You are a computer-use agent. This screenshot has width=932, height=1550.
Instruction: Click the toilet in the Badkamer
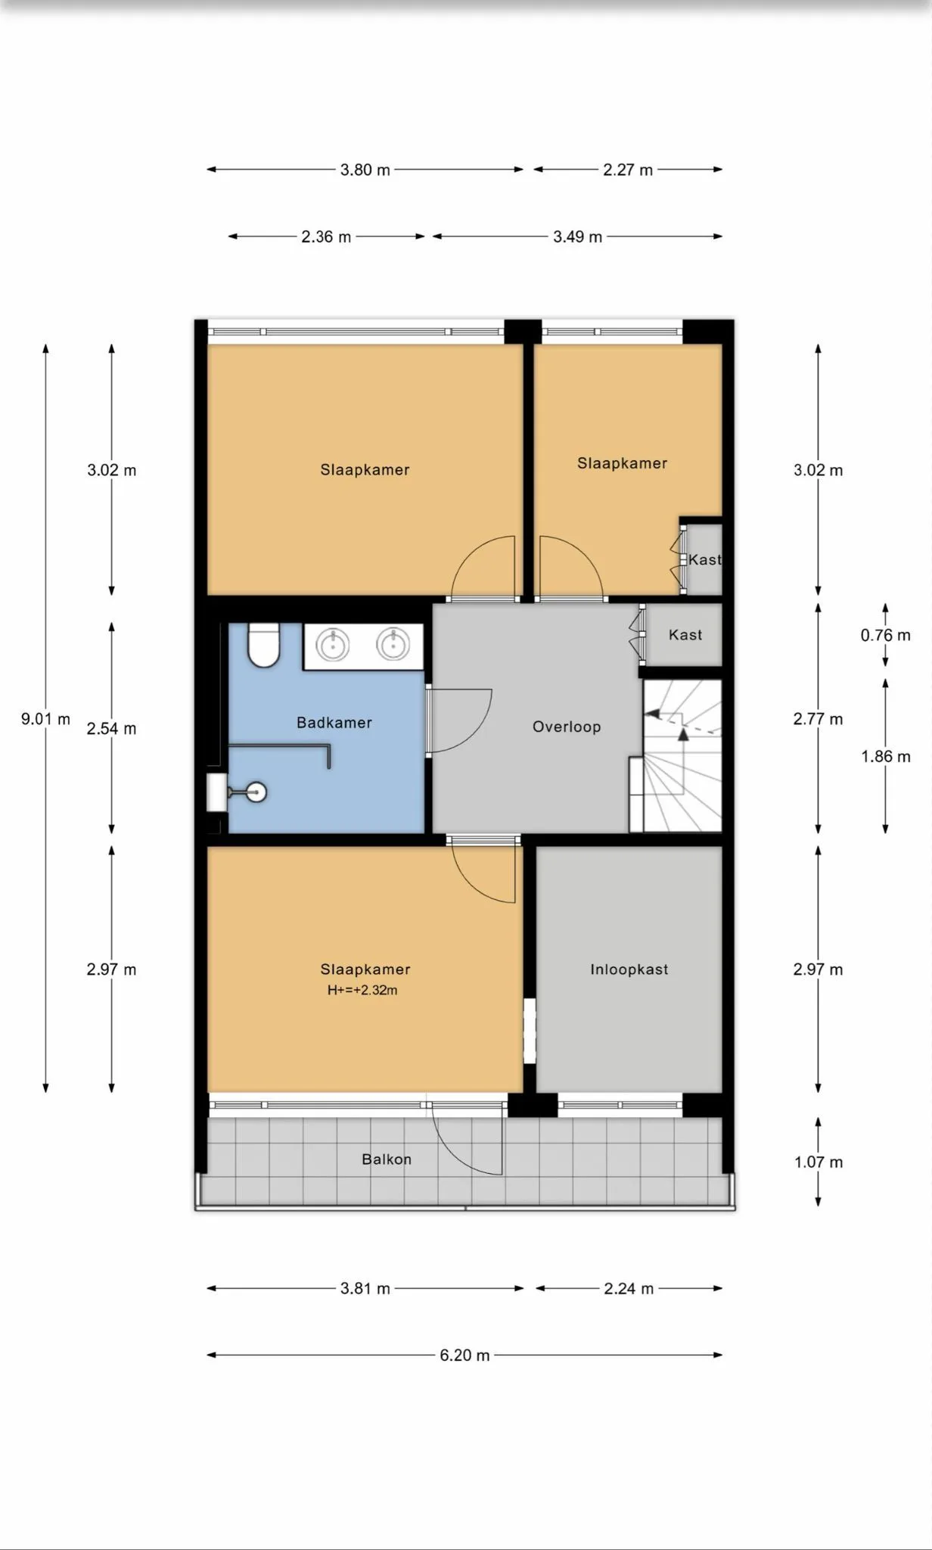click(264, 645)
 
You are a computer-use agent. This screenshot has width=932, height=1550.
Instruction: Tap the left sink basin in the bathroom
click(332, 646)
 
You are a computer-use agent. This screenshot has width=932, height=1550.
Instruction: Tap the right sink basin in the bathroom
click(393, 645)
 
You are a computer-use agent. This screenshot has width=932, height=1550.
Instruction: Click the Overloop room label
click(567, 727)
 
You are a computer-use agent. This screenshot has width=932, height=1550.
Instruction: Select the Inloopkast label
click(629, 970)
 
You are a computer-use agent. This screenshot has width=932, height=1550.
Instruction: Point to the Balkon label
click(387, 1159)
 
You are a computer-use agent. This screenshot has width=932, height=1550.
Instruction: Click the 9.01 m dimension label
click(45, 719)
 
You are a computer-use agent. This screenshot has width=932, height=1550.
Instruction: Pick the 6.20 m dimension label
click(464, 1355)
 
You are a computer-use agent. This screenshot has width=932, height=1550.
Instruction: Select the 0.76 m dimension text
click(885, 635)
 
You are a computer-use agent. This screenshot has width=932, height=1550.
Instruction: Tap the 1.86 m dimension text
click(885, 756)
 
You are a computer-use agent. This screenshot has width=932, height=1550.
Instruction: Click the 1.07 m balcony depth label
click(819, 1162)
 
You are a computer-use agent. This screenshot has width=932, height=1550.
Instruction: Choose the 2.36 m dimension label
click(326, 237)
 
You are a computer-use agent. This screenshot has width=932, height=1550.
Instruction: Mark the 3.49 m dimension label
click(577, 237)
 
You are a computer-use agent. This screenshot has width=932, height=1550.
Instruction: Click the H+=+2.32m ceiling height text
click(362, 990)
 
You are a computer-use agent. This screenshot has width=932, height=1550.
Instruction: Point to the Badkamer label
click(334, 723)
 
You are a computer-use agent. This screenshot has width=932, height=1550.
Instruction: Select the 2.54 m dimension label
click(111, 729)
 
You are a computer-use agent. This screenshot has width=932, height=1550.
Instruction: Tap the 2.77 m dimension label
click(818, 719)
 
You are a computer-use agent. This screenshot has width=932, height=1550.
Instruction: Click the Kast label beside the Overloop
click(685, 635)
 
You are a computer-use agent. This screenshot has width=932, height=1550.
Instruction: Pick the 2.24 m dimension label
click(629, 1289)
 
